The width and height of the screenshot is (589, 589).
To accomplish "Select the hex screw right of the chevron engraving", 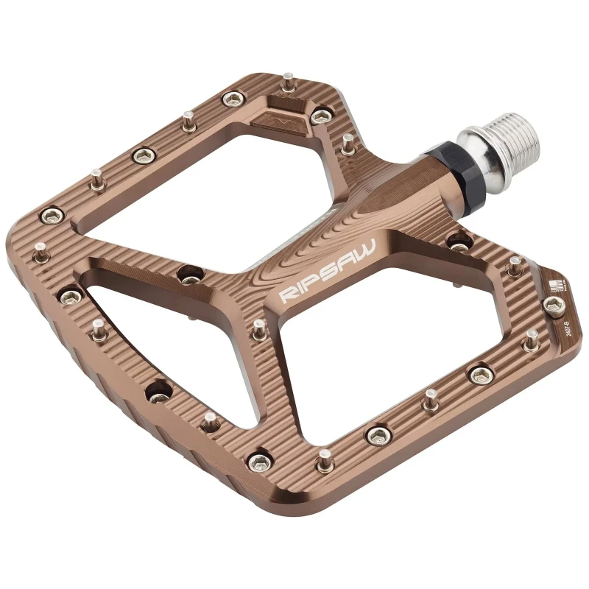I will click(322, 114).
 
